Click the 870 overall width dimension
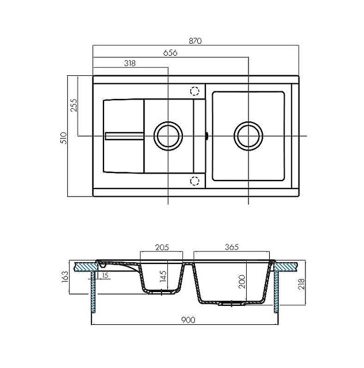click(195, 41)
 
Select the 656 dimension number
click(170, 53)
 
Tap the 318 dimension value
click(130, 63)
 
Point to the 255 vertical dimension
click(74, 105)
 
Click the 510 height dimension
click(64, 138)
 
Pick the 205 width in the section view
click(162, 247)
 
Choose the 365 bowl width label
click(232, 247)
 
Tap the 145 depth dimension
click(163, 276)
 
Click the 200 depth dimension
click(242, 282)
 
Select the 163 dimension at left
click(65, 277)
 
